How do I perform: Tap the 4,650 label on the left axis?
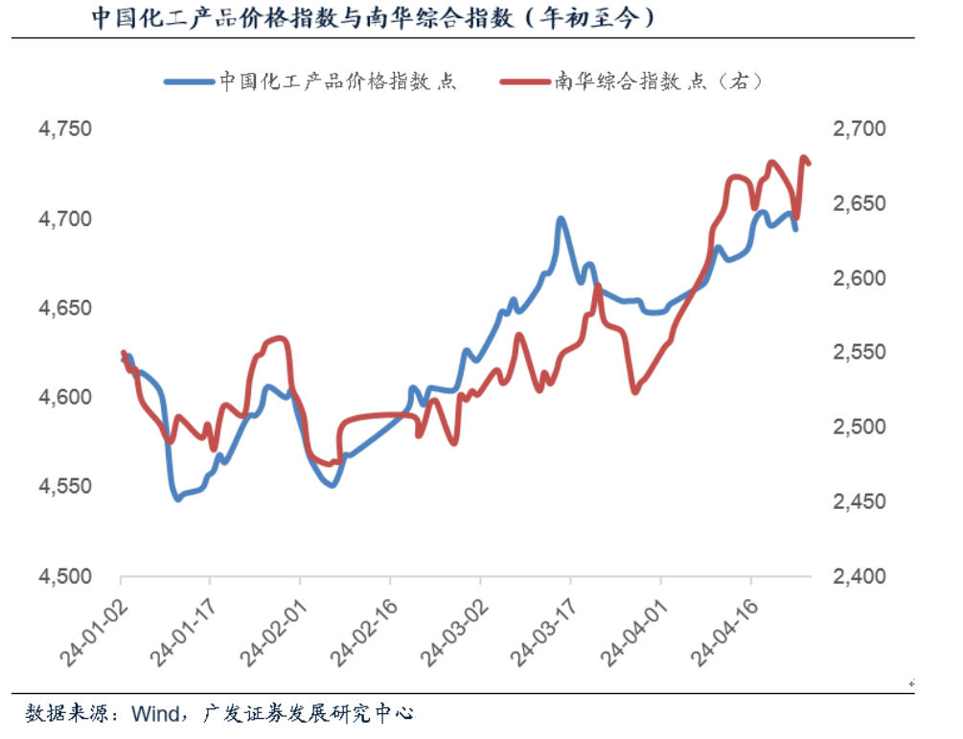pos(66,309)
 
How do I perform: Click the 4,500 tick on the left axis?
pos(66,577)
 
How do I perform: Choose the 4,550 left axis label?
pos(66,487)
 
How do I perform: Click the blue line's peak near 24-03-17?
pos(562,219)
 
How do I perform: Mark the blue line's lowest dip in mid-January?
pos(177,498)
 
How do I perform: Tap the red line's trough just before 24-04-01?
pos(635,391)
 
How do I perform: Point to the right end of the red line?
pos(810,164)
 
